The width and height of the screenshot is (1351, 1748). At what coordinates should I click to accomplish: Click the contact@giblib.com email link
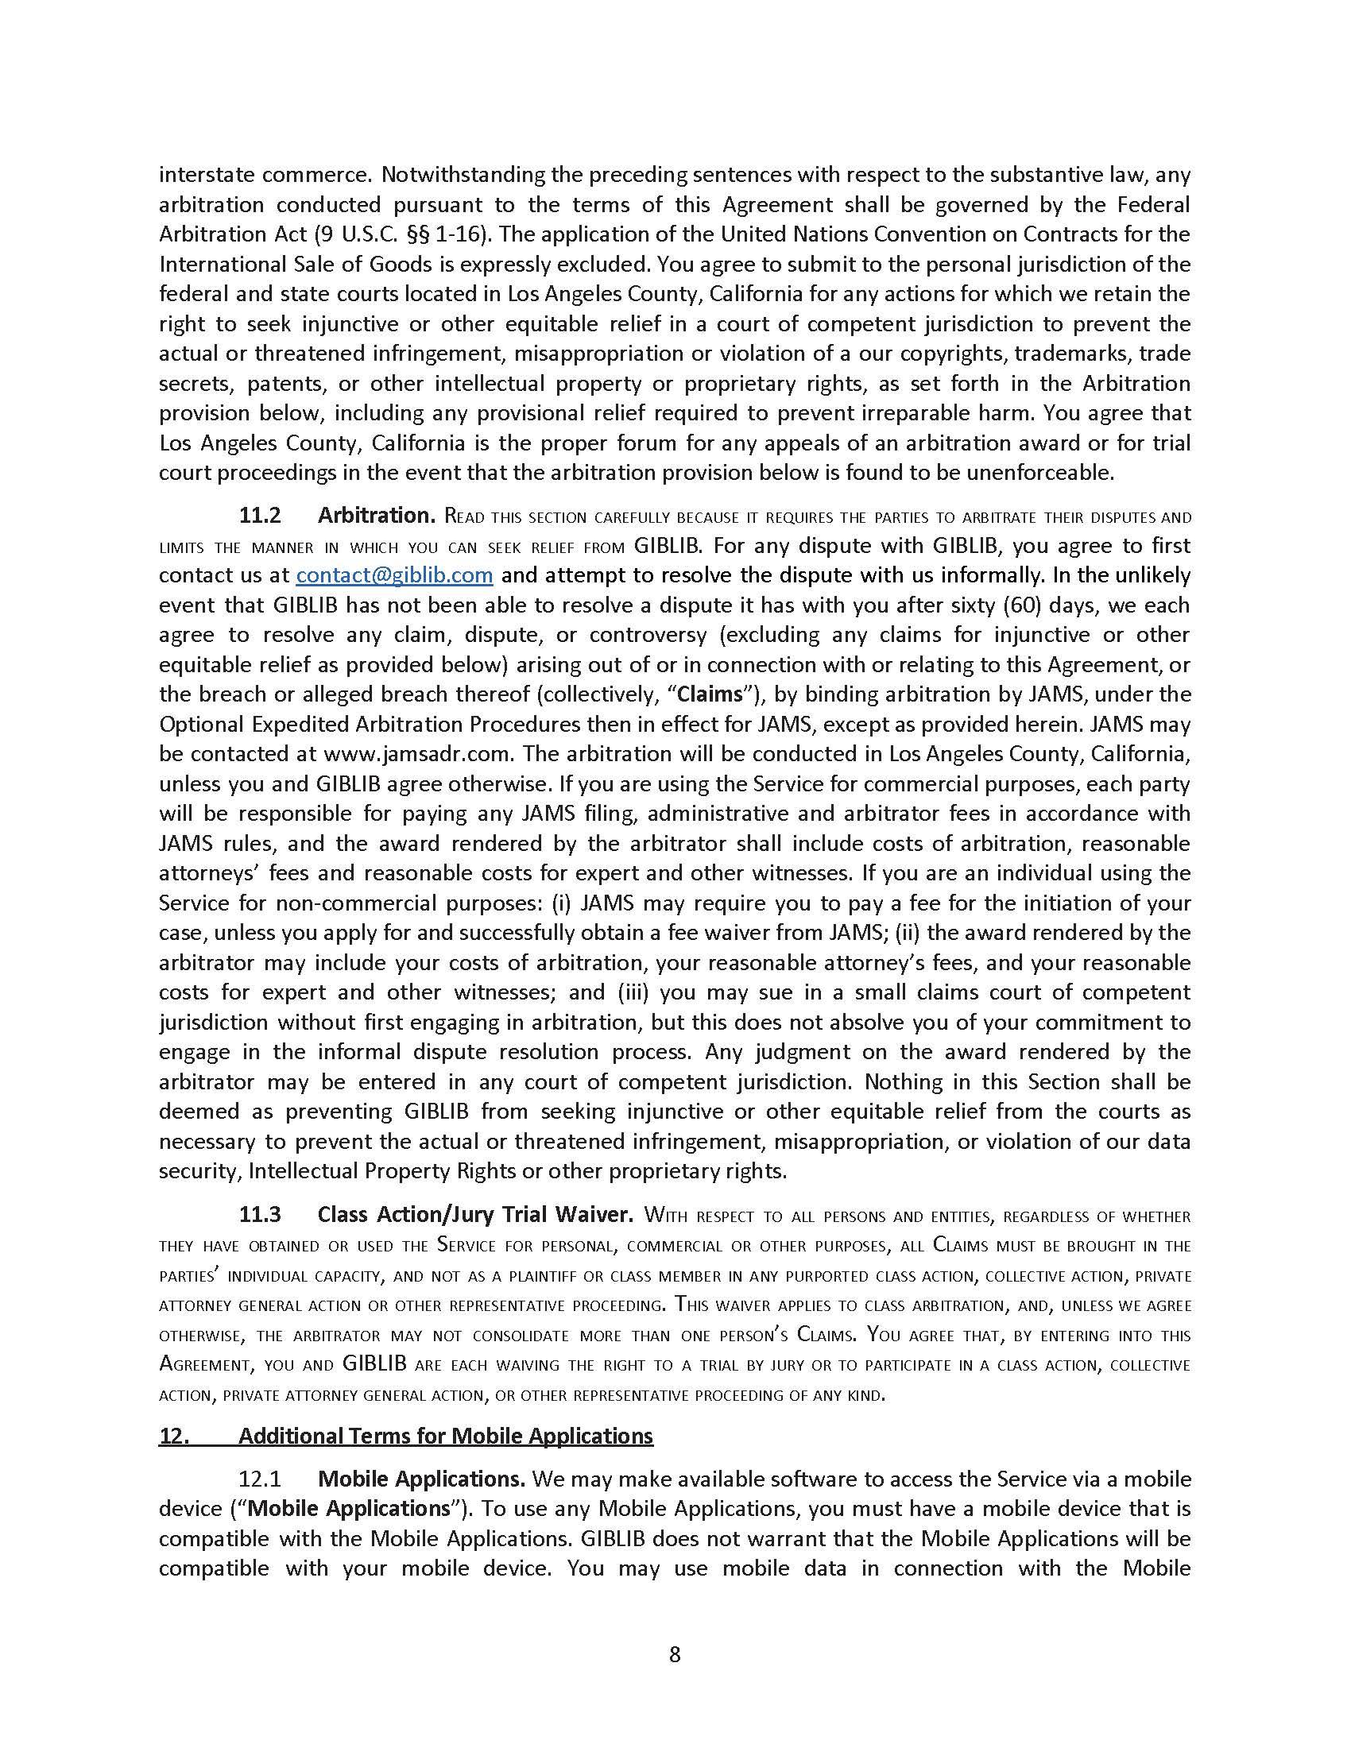click(393, 575)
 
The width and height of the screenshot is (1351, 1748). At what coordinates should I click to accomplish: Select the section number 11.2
click(260, 516)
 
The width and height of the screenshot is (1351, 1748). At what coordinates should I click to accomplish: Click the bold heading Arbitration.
click(376, 516)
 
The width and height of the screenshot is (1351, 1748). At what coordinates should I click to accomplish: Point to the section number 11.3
click(260, 1215)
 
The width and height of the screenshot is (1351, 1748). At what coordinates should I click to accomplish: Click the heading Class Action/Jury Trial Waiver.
click(475, 1215)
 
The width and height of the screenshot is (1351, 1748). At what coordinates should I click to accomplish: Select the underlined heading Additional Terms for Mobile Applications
click(445, 1436)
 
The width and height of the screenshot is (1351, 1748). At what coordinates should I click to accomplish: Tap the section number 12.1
click(260, 1479)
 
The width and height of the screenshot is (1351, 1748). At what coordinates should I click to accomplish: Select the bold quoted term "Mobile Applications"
click(349, 1509)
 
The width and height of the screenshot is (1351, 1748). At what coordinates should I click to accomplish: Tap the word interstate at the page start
click(207, 175)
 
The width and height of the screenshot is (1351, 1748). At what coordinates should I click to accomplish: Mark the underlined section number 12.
click(174, 1436)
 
